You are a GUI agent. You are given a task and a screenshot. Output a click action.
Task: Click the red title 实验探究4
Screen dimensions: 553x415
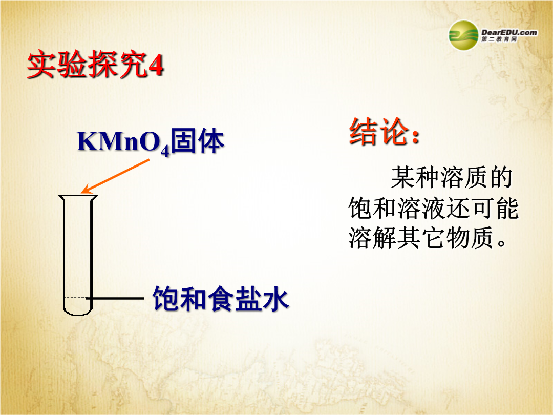[95, 64]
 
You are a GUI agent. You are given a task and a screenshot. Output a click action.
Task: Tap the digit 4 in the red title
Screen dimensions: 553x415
[156, 65]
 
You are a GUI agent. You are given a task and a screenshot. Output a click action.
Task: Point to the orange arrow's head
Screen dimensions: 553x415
[86, 190]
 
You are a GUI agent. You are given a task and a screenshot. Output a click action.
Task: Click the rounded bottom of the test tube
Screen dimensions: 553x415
[78, 310]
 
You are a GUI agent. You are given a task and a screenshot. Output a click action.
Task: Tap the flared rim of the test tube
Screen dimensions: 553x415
[78, 197]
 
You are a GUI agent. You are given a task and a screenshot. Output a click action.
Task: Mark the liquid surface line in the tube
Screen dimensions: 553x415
[78, 269]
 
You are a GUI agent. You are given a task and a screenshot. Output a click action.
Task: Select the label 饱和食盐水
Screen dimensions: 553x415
[221, 299]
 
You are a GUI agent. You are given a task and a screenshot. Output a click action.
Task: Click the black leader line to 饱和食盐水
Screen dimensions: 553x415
[115, 299]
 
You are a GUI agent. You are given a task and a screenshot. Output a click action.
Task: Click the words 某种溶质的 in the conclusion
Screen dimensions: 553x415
[452, 177]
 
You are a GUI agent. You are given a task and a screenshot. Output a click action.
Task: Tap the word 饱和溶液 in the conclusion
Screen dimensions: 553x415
[397, 208]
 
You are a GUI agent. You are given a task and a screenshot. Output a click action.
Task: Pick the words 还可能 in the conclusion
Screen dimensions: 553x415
[483, 208]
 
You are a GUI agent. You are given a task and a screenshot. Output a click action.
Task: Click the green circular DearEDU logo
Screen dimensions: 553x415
[463, 35]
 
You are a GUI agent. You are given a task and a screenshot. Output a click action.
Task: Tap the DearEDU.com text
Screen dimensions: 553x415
[509, 32]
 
